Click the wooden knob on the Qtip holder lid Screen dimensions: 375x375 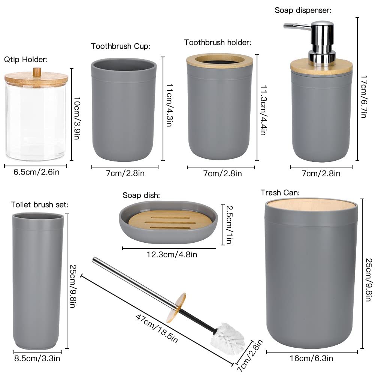coord(37,72)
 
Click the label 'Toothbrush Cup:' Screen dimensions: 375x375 coord(121,46)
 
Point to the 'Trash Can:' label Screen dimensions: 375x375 coord(280,193)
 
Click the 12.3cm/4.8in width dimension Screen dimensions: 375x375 coord(172,254)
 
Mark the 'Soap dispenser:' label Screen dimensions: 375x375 coord(303,10)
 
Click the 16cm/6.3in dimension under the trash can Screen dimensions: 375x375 coord(311,358)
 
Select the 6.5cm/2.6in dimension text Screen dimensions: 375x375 coord(36,172)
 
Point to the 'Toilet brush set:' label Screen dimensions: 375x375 coord(39,205)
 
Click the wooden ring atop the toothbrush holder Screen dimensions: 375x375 coord(220,61)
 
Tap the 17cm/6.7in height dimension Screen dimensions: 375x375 coord(364,97)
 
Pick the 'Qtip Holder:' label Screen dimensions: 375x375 coord(26,60)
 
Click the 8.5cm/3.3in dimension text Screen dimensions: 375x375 coord(37,359)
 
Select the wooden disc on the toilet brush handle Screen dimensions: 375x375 coord(176,308)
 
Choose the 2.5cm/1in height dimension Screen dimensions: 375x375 coord(229,224)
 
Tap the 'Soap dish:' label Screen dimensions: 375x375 coord(141,196)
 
